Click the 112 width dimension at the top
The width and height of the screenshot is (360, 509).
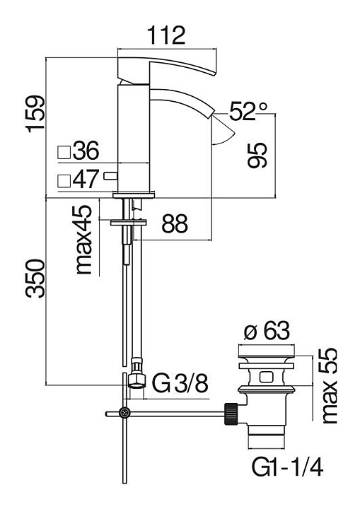pos(166,35)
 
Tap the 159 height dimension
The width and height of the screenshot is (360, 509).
pos(35,114)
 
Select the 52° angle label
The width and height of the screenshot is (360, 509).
pos(248,111)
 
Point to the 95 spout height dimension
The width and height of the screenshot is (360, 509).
pos(257,155)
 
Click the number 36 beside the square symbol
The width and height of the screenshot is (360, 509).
pos(86,151)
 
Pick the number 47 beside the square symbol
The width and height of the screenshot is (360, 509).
pos(85,179)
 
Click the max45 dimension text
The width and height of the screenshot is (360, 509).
pos(83,240)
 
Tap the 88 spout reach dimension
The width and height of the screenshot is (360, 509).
pos(175,223)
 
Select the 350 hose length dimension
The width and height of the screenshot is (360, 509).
pos(35,279)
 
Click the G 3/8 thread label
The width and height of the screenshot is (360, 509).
pos(180,383)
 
